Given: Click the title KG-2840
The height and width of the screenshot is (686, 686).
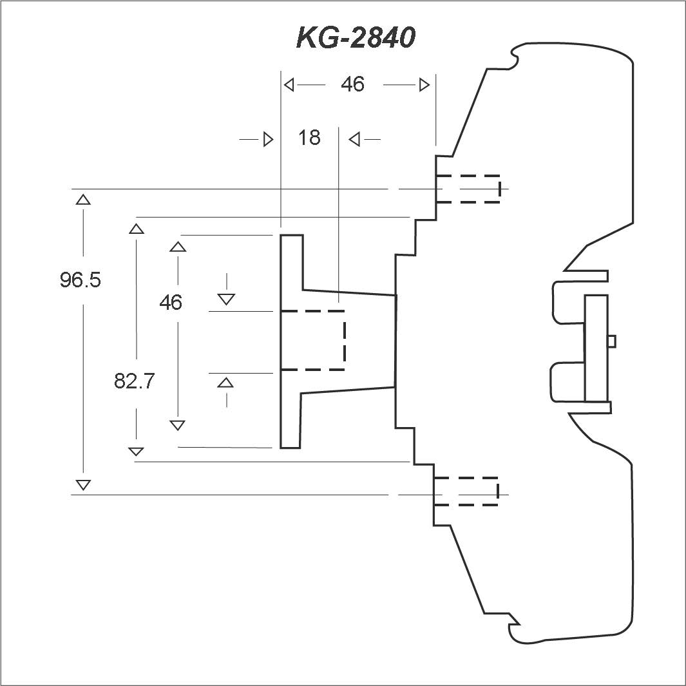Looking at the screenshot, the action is point(356,37).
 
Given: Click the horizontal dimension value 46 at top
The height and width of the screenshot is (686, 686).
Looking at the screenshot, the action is point(352,84).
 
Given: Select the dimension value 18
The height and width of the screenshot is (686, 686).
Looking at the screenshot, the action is point(309,138).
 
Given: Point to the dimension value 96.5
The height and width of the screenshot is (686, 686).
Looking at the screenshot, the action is point(80,280).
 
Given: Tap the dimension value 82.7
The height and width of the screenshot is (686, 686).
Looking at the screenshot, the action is point(135,381).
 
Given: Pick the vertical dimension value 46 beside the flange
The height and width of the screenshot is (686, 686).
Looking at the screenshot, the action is point(171,302).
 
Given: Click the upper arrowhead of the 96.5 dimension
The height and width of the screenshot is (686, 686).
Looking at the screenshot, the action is point(83,200).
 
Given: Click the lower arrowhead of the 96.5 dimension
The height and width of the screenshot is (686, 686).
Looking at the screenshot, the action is point(83,485).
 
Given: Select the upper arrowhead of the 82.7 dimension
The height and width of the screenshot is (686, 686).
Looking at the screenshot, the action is point(137,229).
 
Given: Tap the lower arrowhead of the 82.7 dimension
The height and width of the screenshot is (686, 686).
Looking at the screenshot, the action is point(136,452).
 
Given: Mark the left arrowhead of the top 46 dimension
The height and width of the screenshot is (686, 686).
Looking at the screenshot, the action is point(289,84).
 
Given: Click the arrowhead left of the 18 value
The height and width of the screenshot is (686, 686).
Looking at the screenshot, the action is point(268,140).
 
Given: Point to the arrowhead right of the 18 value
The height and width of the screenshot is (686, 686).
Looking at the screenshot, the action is point(354,140).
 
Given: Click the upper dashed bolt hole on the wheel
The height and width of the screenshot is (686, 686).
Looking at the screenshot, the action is point(468,189).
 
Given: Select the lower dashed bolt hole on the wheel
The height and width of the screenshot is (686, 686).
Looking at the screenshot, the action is point(466,491).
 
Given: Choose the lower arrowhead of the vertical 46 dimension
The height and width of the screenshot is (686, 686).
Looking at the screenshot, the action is point(177,425).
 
